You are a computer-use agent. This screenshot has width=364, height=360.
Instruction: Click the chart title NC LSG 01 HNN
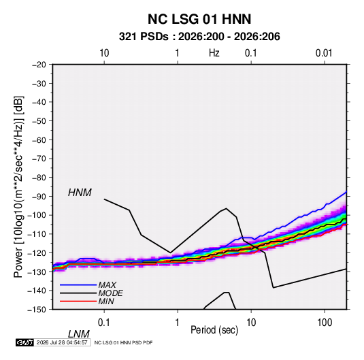point(199,19)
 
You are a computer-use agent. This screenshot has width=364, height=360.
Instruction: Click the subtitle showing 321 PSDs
point(199,37)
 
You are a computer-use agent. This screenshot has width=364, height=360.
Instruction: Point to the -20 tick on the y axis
point(39,65)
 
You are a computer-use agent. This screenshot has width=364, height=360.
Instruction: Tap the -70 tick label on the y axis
point(39,159)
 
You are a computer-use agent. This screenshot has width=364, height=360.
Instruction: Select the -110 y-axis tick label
point(37,234)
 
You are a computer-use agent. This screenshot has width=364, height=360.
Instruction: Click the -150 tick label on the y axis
point(37,310)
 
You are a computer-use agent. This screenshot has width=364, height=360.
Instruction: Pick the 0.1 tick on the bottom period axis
point(104,323)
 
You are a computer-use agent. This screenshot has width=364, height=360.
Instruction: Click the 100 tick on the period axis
point(325,323)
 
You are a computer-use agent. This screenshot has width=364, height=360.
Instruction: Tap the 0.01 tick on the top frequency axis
point(324,53)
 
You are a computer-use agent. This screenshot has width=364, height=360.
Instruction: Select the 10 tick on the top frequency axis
point(104,53)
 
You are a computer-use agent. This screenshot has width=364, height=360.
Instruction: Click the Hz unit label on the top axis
point(214,53)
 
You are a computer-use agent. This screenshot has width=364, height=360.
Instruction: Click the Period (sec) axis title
point(214,330)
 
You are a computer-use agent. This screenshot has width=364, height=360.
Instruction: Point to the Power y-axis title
point(18,186)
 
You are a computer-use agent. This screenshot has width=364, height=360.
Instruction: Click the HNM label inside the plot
point(80,193)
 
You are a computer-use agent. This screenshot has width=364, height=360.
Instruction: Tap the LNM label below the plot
point(78,334)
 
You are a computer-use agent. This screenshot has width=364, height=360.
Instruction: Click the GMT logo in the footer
point(25,342)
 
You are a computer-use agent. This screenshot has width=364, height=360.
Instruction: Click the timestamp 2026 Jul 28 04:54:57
point(62,342)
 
